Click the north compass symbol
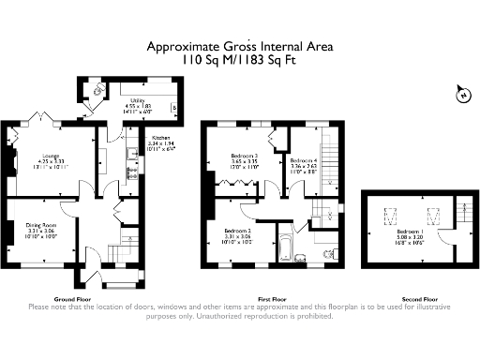460,94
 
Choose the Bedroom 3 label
246,159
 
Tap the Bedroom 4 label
304,161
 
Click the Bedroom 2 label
237,232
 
